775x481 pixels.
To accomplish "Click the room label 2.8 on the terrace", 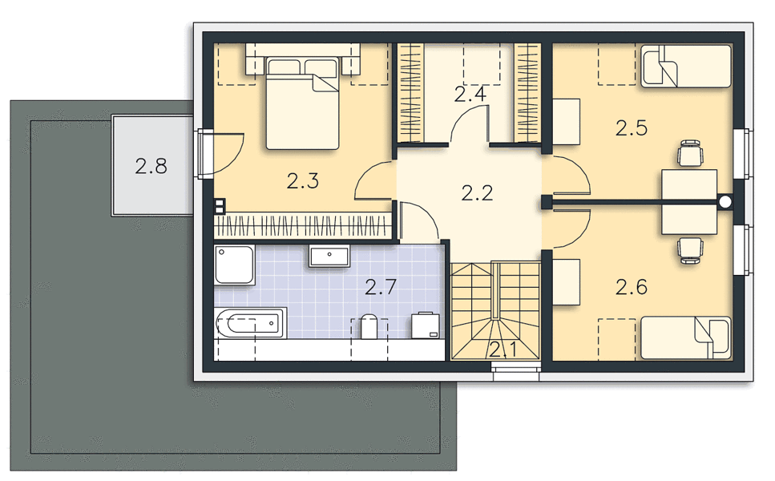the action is (151, 166).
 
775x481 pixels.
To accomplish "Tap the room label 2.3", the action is (302, 181).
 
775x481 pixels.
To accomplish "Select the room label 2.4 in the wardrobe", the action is (470, 94).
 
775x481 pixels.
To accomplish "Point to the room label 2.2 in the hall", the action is (477, 192).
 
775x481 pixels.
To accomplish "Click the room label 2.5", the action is (632, 128).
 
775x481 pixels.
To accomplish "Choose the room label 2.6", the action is (632, 287).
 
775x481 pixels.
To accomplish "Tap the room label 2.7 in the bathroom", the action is (381, 287).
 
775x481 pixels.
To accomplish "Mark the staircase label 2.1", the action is (503, 350).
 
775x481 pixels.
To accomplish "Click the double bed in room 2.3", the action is (302, 103).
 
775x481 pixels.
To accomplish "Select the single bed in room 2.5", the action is (685, 67).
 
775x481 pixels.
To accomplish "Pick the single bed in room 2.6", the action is (685, 338).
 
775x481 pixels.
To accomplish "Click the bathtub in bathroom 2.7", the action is (251, 323).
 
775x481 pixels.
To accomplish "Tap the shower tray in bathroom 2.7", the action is (235, 265).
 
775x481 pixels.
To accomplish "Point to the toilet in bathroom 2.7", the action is (369, 326).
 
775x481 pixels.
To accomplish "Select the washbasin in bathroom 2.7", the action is (329, 256).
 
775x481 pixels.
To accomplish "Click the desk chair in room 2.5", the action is (690, 153).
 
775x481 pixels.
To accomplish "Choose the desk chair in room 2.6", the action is (690, 250).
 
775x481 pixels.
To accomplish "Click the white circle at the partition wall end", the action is (725, 202).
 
